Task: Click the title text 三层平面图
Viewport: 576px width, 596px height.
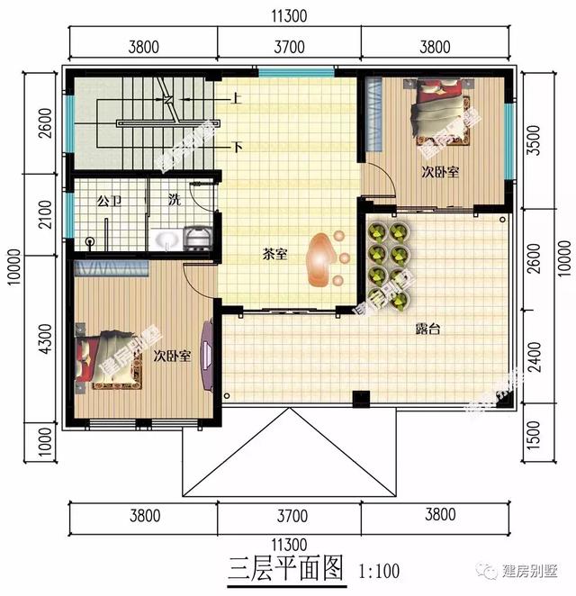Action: pos(286,568)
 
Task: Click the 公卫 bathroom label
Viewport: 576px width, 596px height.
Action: pos(109,199)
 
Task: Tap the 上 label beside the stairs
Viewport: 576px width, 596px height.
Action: pos(236,100)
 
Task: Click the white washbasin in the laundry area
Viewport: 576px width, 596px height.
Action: pos(166,239)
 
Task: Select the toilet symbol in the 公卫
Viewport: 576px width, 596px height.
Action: pos(90,241)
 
